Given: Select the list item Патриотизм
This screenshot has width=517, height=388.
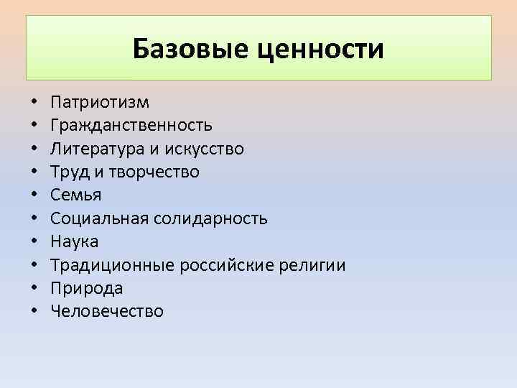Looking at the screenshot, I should (x=100, y=102).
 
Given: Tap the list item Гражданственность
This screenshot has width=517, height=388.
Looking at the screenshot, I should (x=131, y=125).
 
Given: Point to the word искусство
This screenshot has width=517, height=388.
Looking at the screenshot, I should (x=204, y=149).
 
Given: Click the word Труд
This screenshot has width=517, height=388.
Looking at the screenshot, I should (x=68, y=172).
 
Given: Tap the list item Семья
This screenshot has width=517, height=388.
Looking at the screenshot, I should (x=76, y=195).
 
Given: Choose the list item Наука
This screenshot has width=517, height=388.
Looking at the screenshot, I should (x=75, y=241).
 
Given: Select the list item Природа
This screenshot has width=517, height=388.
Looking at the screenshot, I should (x=87, y=288).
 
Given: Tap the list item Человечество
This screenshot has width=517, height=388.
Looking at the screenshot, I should (x=107, y=311).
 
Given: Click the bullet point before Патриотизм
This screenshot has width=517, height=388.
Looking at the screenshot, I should (x=34, y=103).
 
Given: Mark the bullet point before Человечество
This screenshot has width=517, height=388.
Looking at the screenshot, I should (x=34, y=312).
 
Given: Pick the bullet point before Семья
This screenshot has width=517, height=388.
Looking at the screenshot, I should (x=34, y=195).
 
